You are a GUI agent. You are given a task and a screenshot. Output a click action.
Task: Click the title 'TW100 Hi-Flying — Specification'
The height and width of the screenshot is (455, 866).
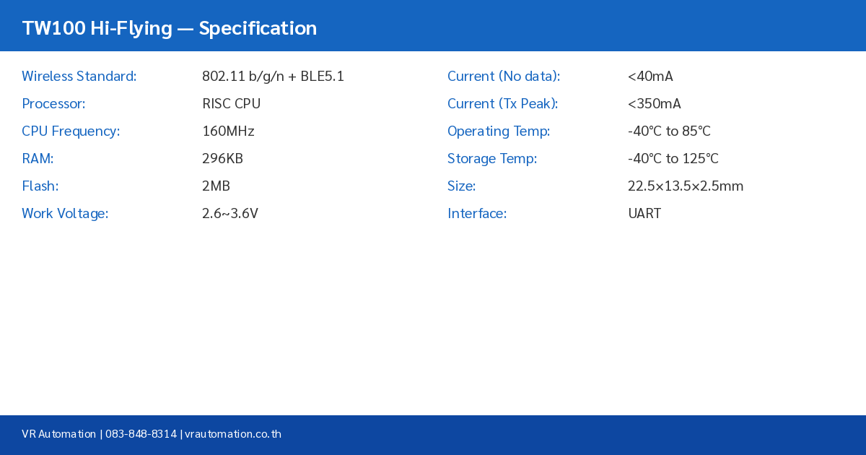pos(170,28)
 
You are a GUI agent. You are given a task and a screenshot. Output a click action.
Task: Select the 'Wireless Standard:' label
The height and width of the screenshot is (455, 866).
pos(79,77)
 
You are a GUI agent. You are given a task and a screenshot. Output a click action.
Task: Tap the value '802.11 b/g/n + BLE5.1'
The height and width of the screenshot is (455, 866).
pos(273,77)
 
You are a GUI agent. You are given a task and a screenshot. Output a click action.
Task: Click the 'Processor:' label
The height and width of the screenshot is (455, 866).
pos(53,104)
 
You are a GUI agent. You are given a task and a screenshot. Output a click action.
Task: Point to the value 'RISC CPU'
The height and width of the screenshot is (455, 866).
pos(231,104)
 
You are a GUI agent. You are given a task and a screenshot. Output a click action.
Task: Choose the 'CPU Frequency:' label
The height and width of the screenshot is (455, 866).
pos(71,131)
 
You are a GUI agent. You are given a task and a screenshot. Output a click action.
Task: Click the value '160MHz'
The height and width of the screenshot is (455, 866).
pos(228,131)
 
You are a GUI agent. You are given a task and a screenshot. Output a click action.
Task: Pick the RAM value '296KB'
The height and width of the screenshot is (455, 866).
pos(222,159)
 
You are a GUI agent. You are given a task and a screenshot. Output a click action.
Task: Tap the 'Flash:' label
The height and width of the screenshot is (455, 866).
pos(40,186)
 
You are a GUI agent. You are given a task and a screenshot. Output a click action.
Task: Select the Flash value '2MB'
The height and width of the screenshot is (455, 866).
pos(216,186)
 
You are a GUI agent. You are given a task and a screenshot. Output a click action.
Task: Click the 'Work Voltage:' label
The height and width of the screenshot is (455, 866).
pos(65,214)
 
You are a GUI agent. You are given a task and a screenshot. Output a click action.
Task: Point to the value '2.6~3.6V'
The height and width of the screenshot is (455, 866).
pos(229,214)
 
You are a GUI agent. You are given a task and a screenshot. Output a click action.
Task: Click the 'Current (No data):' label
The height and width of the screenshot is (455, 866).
pos(504,77)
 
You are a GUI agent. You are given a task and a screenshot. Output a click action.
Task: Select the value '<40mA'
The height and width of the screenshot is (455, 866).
pos(650,77)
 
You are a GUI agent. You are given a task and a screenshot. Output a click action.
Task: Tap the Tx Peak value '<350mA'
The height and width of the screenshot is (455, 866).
pos(654,104)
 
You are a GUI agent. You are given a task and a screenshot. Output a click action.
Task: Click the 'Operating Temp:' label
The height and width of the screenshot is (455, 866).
pos(499,131)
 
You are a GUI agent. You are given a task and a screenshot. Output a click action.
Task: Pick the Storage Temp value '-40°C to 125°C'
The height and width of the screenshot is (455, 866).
pos(673,159)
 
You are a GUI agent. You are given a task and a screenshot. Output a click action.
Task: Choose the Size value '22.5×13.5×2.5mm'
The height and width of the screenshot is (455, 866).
pos(685,186)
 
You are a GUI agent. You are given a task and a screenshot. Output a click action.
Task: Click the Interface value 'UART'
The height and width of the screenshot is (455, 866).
pos(644,214)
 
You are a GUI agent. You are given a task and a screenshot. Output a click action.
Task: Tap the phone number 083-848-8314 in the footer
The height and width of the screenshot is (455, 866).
pos(141,434)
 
